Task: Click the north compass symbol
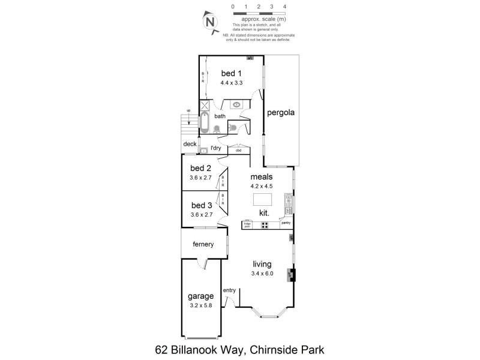coord(210,22)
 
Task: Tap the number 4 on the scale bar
coord(284,6)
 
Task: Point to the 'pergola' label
coord(281,112)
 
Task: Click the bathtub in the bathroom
coord(205,122)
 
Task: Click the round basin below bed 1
coord(237,105)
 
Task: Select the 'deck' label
coord(190,144)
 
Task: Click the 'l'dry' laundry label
coord(216,148)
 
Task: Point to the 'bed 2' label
coord(201,168)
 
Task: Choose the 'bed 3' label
coord(201,205)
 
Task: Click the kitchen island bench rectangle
coord(262,199)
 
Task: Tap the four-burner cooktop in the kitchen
coord(265,225)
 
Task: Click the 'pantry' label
coord(286,223)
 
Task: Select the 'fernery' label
coord(203,244)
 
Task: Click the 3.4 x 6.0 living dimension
coord(262,274)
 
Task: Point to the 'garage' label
coord(201,296)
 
